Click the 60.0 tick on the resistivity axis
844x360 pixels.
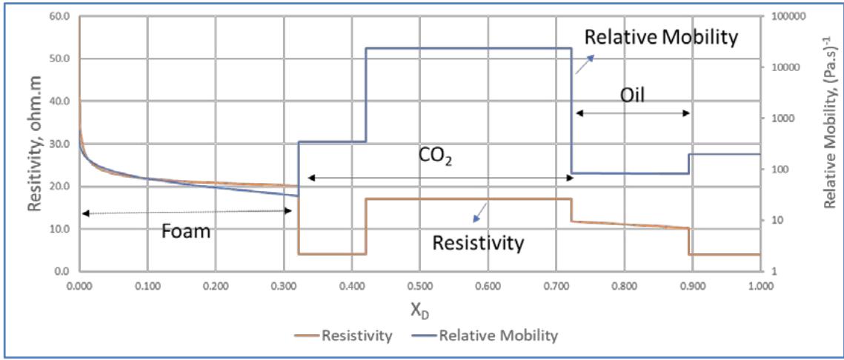[59, 16]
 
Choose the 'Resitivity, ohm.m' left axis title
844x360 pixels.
[36, 144]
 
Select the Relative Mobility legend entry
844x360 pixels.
[498, 336]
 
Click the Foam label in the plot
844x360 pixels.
[186, 231]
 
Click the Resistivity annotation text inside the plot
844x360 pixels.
[478, 241]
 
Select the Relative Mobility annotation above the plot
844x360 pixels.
[660, 38]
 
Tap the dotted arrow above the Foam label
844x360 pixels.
[186, 212]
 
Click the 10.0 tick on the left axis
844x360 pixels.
[59, 229]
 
